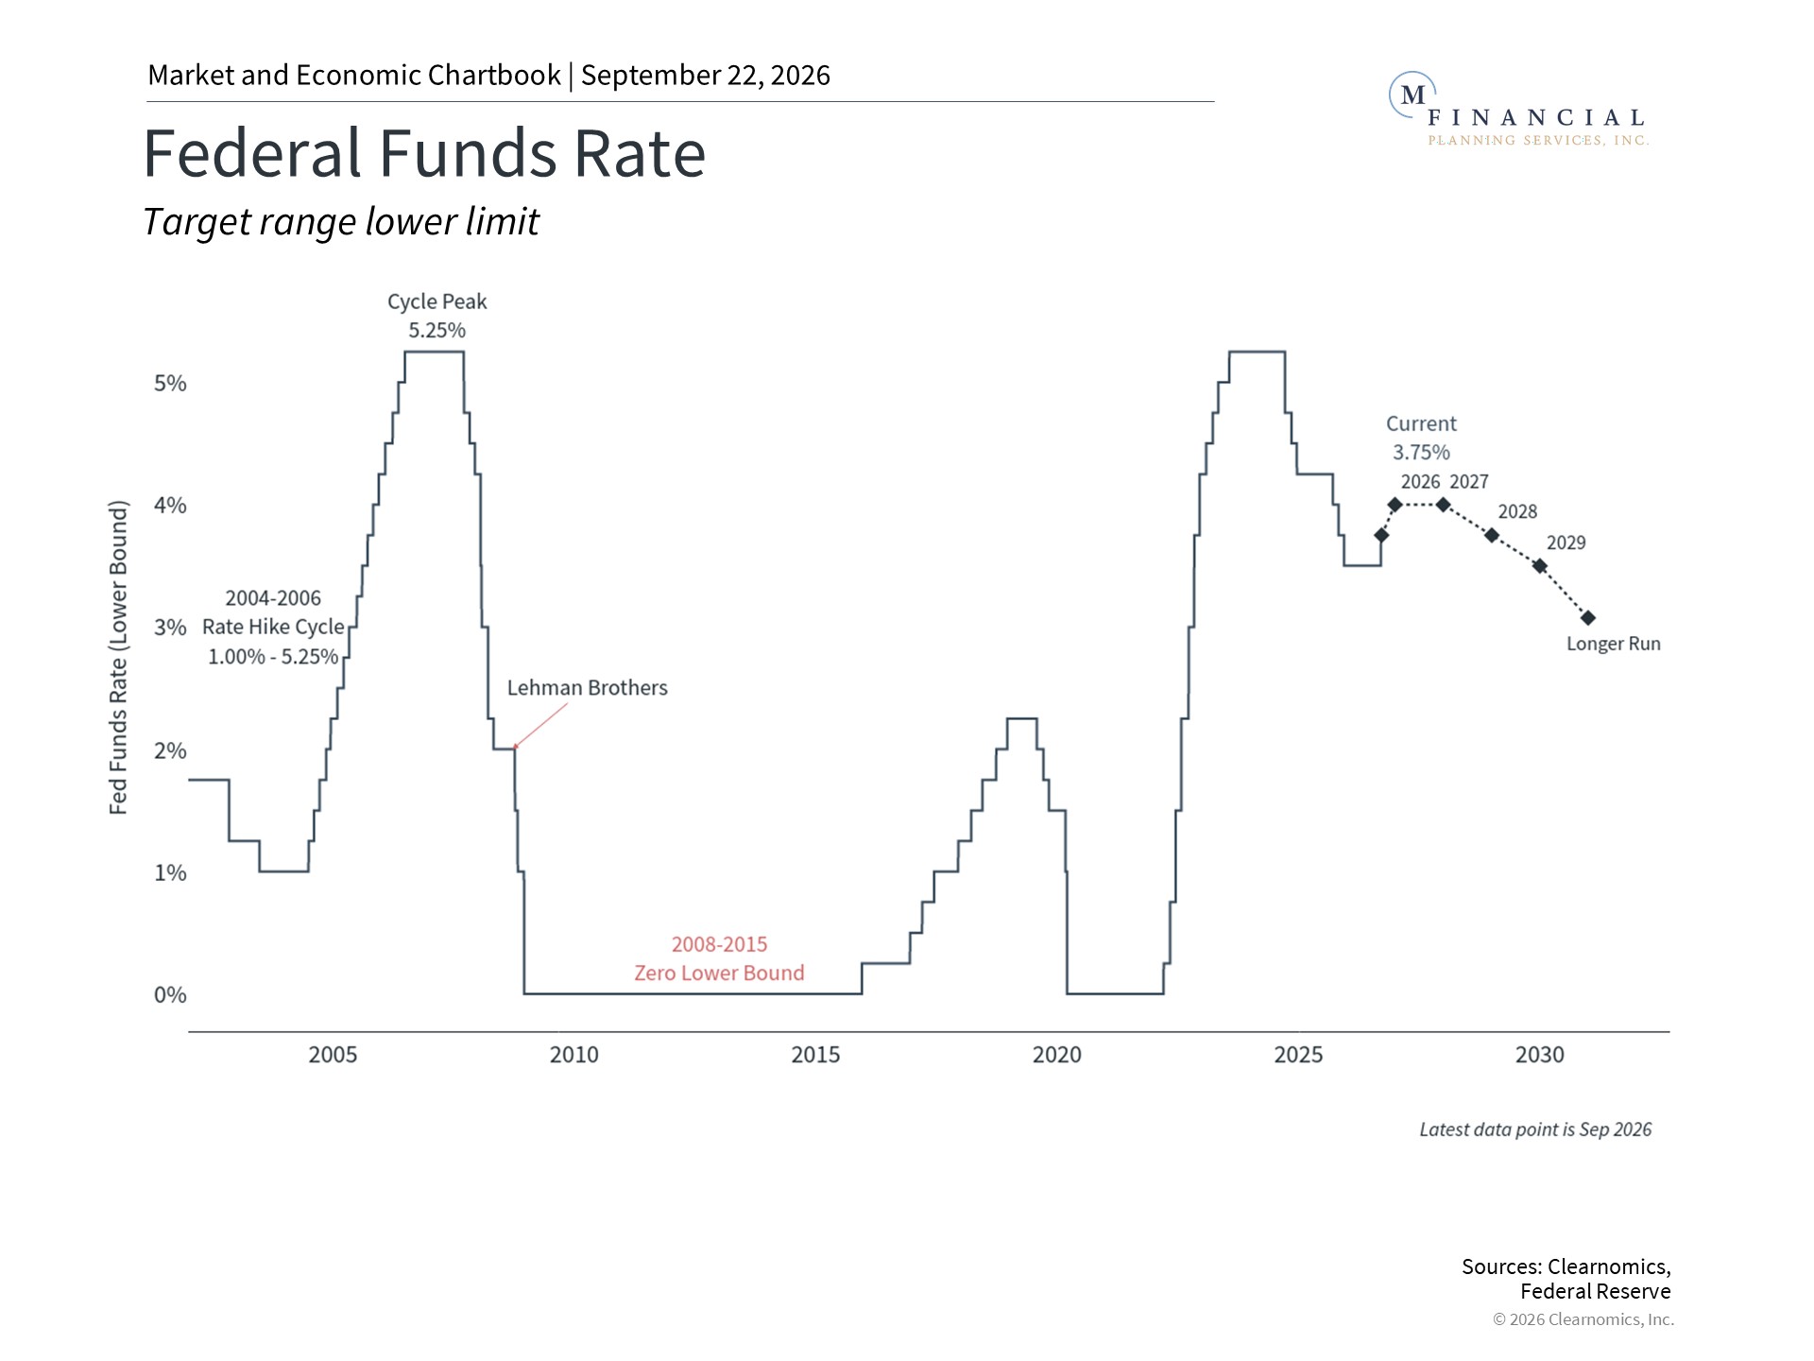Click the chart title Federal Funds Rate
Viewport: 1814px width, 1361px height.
(424, 153)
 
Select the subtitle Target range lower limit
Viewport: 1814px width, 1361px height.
(341, 222)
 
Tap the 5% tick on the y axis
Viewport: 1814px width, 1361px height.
(170, 383)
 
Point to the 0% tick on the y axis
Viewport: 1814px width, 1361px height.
(170, 994)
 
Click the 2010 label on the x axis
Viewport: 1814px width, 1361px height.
(574, 1055)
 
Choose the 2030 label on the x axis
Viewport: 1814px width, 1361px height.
(1540, 1055)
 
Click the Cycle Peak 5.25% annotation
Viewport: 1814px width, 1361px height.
(436, 316)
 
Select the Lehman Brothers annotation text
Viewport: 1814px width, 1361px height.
(587, 688)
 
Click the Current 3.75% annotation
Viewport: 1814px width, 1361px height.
(1421, 438)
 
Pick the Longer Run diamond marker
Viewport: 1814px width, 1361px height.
(1588, 618)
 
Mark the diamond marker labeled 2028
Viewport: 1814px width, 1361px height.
(1492, 536)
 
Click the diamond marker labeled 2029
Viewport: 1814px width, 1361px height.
(1540, 566)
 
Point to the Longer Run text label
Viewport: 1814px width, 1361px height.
(1614, 644)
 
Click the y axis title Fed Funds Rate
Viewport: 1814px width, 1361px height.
(118, 658)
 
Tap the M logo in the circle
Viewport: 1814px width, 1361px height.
(1413, 95)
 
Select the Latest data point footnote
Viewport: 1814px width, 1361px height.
(1535, 1129)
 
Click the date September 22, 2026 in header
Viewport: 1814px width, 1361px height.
(706, 76)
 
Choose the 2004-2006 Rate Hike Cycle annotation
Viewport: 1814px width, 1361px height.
(273, 628)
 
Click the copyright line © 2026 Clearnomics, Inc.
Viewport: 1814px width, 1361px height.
(1583, 1319)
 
